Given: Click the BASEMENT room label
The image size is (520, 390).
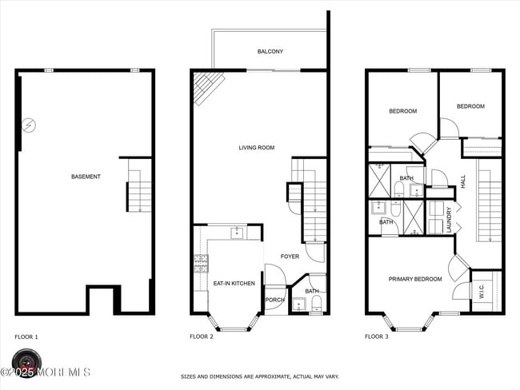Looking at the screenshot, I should click(86, 177).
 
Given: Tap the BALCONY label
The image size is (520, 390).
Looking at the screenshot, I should click(270, 52).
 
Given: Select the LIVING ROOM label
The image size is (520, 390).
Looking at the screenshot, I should click(257, 148).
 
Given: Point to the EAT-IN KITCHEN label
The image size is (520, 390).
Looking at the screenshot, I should click(234, 284).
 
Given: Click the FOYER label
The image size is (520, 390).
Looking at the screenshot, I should click(289, 257).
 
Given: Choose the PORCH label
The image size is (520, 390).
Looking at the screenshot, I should click(274, 300).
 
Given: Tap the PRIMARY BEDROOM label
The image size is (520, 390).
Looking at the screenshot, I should click(415, 279).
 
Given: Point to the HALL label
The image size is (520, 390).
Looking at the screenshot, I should click(462, 182).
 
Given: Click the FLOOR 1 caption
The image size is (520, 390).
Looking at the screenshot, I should click(26, 337).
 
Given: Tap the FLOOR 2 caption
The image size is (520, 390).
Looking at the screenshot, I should click(202, 337).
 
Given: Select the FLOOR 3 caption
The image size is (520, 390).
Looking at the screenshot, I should click(377, 337).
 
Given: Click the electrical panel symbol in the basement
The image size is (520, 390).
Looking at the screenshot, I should click(28, 125).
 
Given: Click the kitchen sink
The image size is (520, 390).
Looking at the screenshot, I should click(237, 233).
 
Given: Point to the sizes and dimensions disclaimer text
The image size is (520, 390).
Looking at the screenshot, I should click(259, 376).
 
